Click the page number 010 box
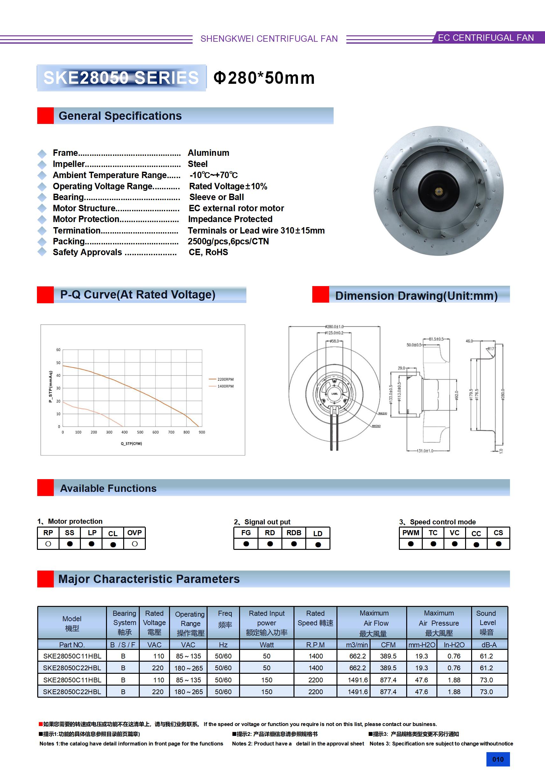pyautogui.click(x=498, y=759)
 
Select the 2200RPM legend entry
pyautogui.click(x=225, y=379)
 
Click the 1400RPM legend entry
pyautogui.click(x=225, y=386)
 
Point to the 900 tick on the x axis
pyautogui.click(x=202, y=432)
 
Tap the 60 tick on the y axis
pyautogui.click(x=58, y=350)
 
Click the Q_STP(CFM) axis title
pyautogui.click(x=131, y=443)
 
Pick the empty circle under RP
pyautogui.click(x=48, y=543)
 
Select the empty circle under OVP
pyautogui.click(x=135, y=543)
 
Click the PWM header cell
pyautogui.click(x=411, y=533)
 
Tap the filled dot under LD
pyautogui.click(x=318, y=545)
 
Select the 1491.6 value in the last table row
pyautogui.click(x=357, y=692)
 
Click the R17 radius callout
pyautogui.click(x=490, y=349)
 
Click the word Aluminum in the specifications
pyautogui.click(x=209, y=153)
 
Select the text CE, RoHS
pyautogui.click(x=208, y=252)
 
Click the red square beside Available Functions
pyautogui.click(x=46, y=488)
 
